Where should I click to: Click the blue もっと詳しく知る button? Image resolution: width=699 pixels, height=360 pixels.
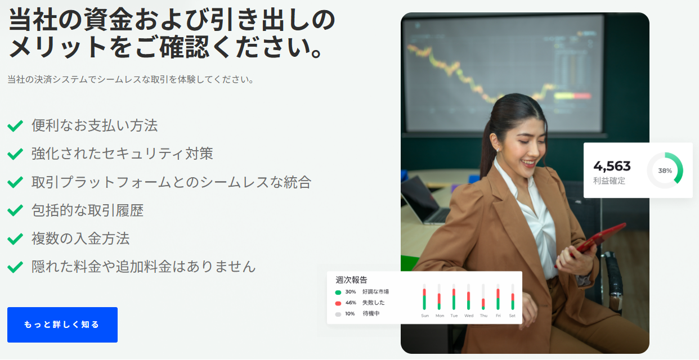tap(62, 325)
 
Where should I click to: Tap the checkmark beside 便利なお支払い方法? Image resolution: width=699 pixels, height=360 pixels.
tap(15, 126)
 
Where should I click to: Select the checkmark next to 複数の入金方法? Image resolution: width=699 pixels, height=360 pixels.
tap(15, 239)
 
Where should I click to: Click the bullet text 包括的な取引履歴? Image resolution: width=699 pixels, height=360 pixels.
tap(87, 211)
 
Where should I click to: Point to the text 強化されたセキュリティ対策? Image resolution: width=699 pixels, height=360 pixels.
tap(122, 153)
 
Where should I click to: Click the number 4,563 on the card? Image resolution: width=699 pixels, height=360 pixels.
tap(612, 166)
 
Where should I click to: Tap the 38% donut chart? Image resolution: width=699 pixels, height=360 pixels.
tap(665, 170)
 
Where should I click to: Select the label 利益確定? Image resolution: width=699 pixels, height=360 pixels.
tap(609, 181)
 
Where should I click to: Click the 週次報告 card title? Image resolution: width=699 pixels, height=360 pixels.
tap(351, 280)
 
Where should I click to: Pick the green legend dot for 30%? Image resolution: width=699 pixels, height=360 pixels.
tap(338, 292)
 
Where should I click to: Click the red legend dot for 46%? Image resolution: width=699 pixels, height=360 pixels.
tap(338, 303)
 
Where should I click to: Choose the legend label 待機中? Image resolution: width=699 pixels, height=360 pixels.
tap(371, 313)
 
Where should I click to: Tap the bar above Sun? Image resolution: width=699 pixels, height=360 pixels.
tap(424, 296)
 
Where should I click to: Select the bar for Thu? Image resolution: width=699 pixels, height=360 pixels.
tap(483, 296)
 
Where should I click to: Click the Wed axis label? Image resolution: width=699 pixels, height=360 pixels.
tap(468, 316)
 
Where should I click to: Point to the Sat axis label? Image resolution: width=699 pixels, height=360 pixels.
tap(512, 316)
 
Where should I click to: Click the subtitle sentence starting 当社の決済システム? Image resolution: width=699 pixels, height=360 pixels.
tap(131, 80)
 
